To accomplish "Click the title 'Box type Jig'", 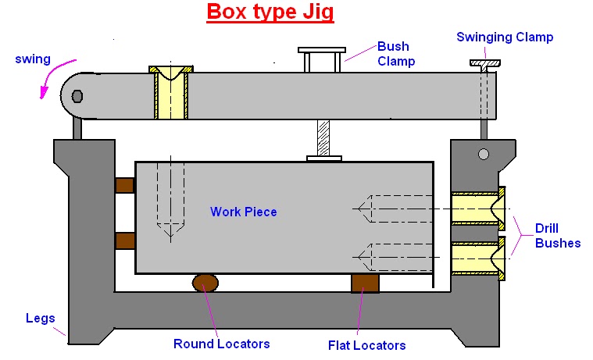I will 270,13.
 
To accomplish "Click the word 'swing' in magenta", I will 32,59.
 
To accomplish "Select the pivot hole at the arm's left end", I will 77,96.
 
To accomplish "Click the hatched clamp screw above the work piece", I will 323,137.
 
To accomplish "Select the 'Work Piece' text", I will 244,212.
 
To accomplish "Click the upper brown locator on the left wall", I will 125,185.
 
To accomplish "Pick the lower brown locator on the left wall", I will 125,240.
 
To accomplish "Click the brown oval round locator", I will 206,282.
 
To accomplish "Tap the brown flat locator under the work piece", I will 365,282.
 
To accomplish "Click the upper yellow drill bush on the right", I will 477,207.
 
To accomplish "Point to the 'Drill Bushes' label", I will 557,235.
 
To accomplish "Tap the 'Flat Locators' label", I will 367,344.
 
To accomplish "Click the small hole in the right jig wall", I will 484,153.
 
